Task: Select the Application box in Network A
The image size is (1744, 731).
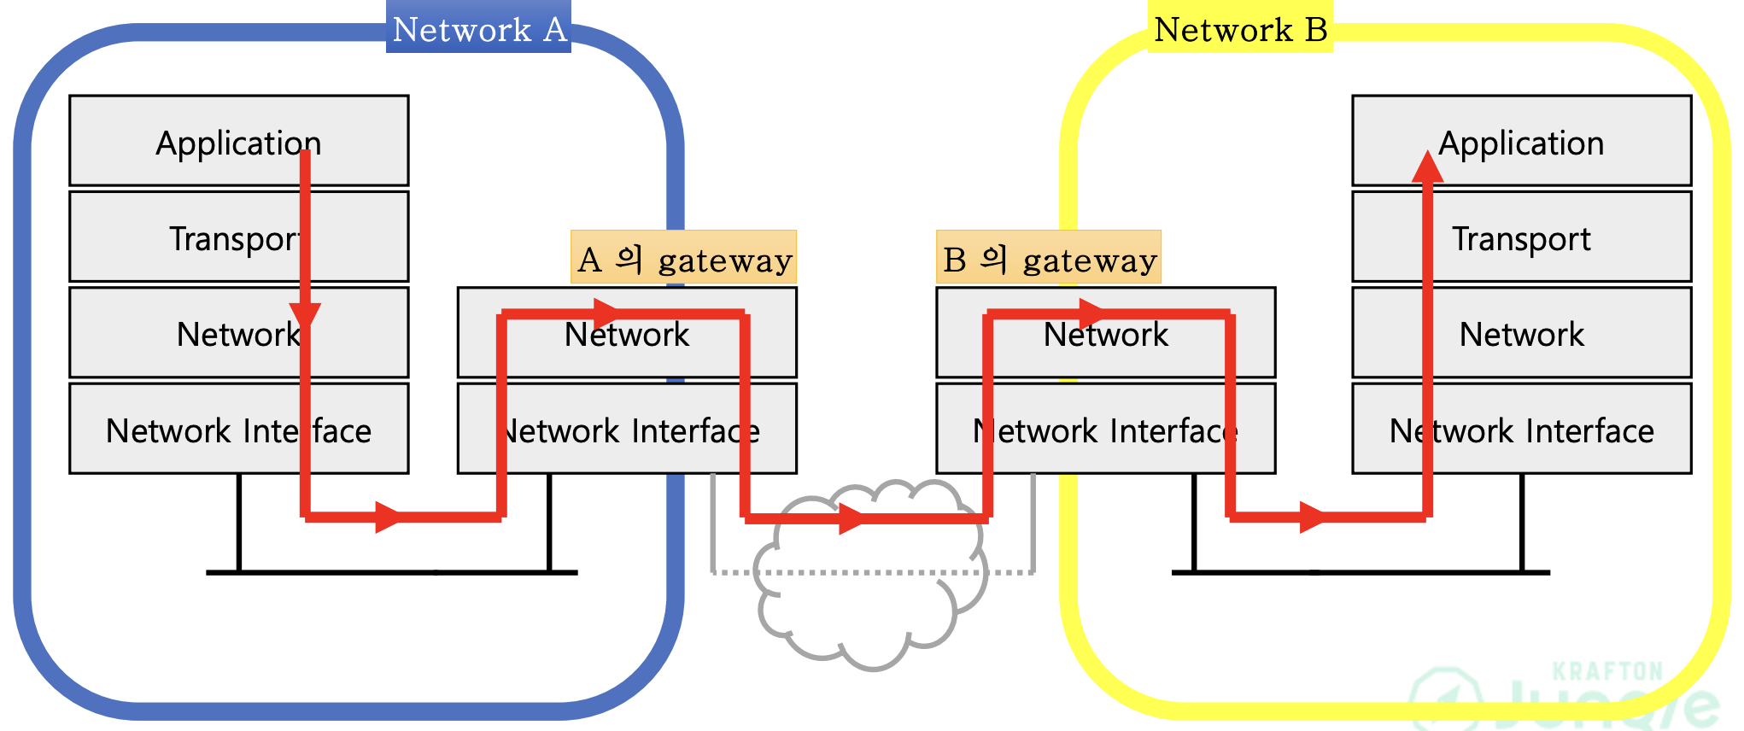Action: pyautogui.click(x=239, y=141)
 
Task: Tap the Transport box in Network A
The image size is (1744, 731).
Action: pyautogui.click(x=239, y=237)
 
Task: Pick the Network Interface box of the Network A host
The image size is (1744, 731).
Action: pyautogui.click(x=239, y=429)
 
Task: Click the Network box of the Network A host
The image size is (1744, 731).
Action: pyautogui.click(x=239, y=332)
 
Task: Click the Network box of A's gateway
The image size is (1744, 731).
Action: pyautogui.click(x=627, y=332)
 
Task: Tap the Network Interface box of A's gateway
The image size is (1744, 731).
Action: pyautogui.click(x=627, y=429)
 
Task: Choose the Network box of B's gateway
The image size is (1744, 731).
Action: pyautogui.click(x=1106, y=332)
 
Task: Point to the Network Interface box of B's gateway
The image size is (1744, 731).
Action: pyautogui.click(x=1106, y=429)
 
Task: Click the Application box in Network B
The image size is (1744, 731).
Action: pyautogui.click(x=1522, y=141)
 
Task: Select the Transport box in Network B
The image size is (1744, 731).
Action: pyautogui.click(x=1522, y=237)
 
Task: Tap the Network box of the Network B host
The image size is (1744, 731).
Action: pyautogui.click(x=1522, y=332)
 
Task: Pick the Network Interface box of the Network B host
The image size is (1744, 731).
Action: pyautogui.click(x=1522, y=429)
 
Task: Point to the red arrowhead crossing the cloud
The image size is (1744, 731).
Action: pyautogui.click(x=852, y=518)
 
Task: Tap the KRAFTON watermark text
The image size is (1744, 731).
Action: pyautogui.click(x=1607, y=671)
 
